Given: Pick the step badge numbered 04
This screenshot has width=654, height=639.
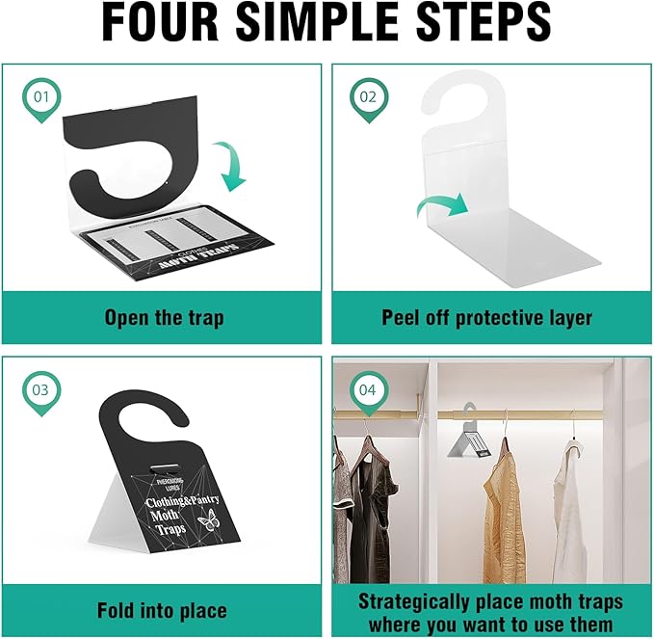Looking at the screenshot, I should (369, 390).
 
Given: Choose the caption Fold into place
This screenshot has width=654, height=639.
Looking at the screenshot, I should (161, 610).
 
